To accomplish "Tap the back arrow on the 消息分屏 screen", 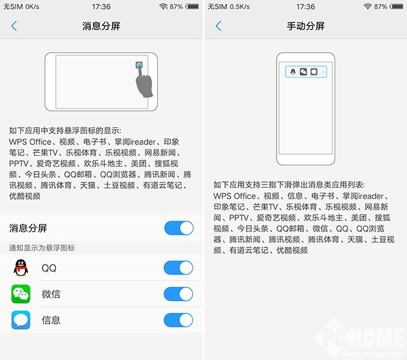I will (14, 26).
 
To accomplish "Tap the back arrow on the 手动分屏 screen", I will (218, 26).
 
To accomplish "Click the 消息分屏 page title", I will (101, 26).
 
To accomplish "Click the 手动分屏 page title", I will (305, 26).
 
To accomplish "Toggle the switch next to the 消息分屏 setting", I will (178, 228).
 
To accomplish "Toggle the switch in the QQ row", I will (178, 268).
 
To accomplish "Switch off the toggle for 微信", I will (178, 294).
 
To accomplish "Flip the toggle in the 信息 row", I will (178, 320).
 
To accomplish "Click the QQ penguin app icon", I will (21, 268).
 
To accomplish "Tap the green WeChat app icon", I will (21, 294).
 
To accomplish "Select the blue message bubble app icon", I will (21, 320).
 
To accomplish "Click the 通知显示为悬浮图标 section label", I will (42, 247).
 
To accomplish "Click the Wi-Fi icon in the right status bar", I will (367, 6).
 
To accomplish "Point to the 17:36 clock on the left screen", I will (101, 6).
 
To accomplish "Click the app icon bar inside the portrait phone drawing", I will (305, 72).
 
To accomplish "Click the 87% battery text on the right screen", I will (381, 6).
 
